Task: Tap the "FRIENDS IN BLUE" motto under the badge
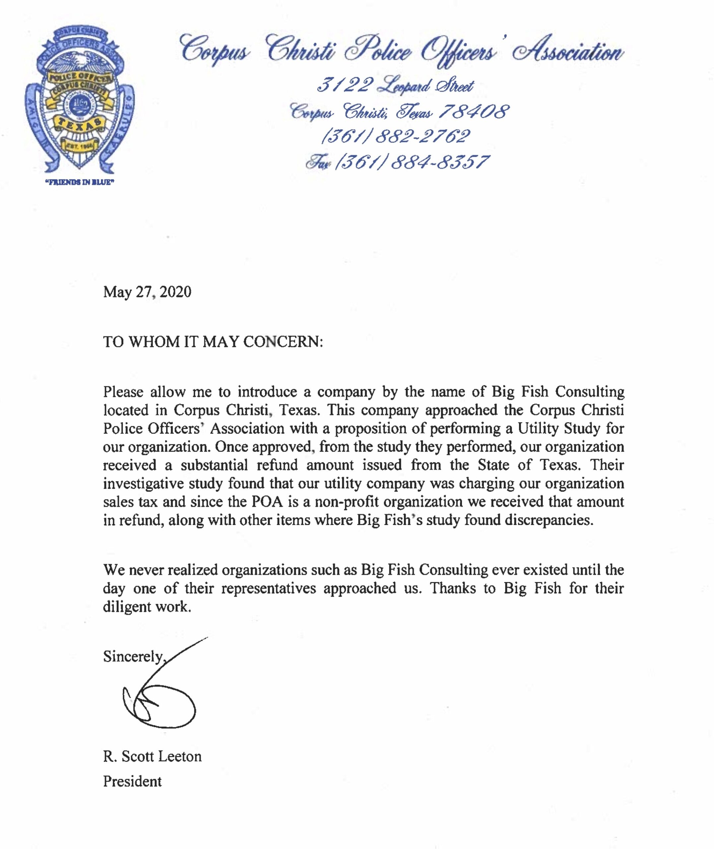click(79, 182)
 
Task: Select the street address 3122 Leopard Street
click(395, 85)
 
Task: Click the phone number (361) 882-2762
click(395, 136)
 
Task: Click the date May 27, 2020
click(147, 292)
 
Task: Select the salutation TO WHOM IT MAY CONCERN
click(213, 342)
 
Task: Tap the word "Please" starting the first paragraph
click(123, 392)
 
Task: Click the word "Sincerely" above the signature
click(133, 656)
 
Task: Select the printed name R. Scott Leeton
click(152, 756)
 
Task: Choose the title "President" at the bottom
click(132, 781)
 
